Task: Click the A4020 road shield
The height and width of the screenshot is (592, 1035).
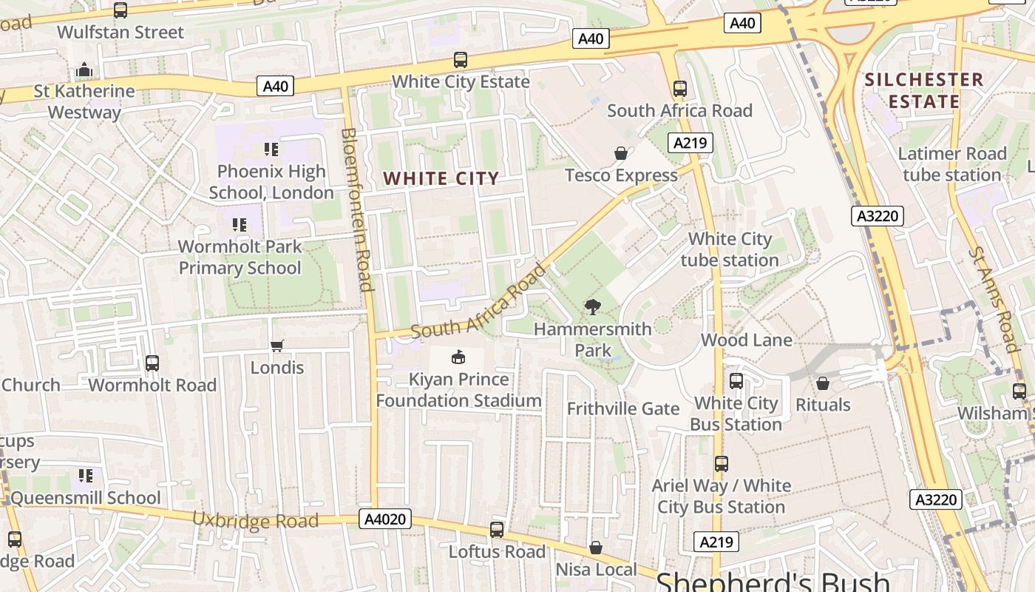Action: [x=386, y=519]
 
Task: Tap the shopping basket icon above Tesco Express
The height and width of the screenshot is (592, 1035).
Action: [x=621, y=153]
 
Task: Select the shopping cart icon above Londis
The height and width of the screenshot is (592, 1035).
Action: [x=277, y=346]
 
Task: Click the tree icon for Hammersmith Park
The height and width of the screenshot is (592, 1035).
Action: [x=592, y=307]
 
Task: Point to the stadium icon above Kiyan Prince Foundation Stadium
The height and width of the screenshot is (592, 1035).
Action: [x=458, y=357]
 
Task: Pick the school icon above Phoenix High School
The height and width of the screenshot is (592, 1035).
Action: [x=271, y=149]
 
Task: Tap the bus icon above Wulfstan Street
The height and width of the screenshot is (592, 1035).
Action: [x=121, y=10]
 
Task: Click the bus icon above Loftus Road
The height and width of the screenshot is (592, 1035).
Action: [x=497, y=530]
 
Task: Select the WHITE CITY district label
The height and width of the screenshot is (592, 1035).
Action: [x=441, y=178]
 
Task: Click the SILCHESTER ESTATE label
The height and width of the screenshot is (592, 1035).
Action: [x=924, y=90]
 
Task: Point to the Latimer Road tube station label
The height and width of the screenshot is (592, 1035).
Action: [x=952, y=164]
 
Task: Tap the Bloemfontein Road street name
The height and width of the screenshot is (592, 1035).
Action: [x=357, y=209]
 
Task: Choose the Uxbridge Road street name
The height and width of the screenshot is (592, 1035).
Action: [x=255, y=520]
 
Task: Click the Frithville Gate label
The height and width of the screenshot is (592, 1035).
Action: [x=622, y=408]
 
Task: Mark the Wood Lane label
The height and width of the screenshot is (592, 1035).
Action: [x=746, y=340]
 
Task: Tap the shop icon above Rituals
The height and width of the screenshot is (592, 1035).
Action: [x=822, y=383]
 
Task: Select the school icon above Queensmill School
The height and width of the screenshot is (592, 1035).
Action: [x=86, y=475]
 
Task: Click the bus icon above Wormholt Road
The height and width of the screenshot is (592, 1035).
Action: [x=152, y=363]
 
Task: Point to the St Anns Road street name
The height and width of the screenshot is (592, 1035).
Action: [x=994, y=299]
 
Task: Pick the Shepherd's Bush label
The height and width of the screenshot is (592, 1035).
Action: [x=773, y=582]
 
